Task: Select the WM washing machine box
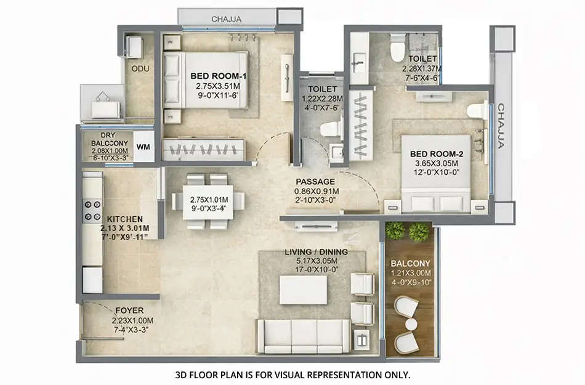click(143, 147)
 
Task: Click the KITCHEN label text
click(125, 219)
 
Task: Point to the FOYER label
click(131, 310)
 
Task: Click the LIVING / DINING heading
click(316, 251)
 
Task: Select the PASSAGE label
click(315, 182)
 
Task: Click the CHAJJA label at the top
click(226, 19)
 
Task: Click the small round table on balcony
click(409, 324)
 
